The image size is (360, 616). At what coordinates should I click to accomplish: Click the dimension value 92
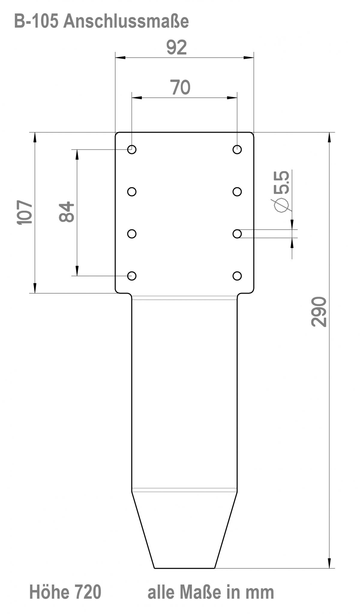pyautogui.click(x=176, y=47)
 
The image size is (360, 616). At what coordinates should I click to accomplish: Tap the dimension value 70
pyautogui.click(x=180, y=87)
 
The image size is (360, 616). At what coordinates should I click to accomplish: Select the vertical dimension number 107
pyautogui.click(x=24, y=213)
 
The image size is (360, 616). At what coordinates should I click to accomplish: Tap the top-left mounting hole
pyautogui.click(x=132, y=149)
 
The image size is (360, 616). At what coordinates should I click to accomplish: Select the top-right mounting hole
pyautogui.click(x=237, y=149)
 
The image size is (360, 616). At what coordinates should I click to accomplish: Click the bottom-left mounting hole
pyautogui.click(x=132, y=276)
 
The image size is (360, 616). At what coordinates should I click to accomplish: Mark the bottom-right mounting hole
pyautogui.click(x=237, y=276)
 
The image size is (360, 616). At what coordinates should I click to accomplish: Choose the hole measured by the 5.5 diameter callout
pyautogui.click(x=237, y=234)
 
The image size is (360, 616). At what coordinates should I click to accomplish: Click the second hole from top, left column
pyautogui.click(x=132, y=192)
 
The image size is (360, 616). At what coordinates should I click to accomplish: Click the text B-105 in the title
pyautogui.click(x=36, y=22)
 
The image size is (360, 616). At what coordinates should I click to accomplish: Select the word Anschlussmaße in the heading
pyautogui.click(x=126, y=22)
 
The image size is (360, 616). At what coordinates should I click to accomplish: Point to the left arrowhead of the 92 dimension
pyautogui.click(x=120, y=57)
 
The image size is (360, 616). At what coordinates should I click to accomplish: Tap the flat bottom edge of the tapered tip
pyautogui.click(x=184, y=568)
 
